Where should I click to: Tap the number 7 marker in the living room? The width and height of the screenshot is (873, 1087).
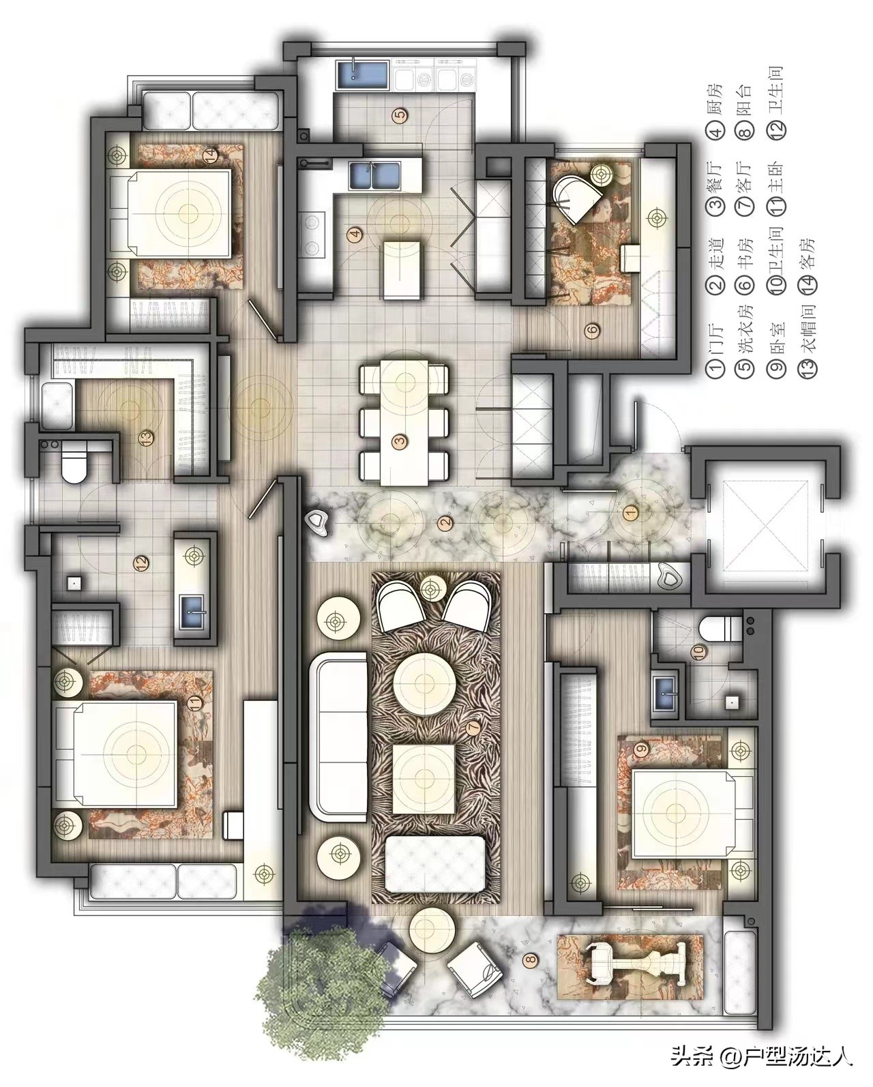click(473, 728)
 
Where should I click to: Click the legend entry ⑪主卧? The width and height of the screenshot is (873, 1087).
click(777, 188)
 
